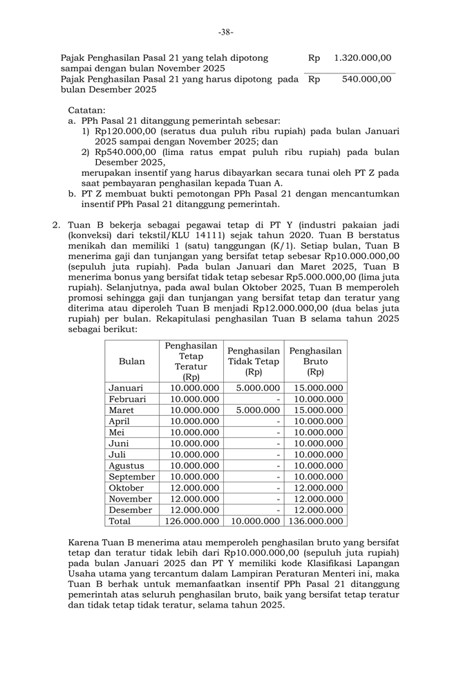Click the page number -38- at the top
225,32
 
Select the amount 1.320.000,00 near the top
362,58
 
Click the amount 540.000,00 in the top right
367,79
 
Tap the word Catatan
86,109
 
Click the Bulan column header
132,361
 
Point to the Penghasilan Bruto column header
315,361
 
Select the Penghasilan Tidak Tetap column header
254,361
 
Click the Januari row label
126,388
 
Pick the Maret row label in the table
122,410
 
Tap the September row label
132,477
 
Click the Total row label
120,521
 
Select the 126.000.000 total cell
191,521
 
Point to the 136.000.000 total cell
315,521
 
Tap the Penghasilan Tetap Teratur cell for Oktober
194,488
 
